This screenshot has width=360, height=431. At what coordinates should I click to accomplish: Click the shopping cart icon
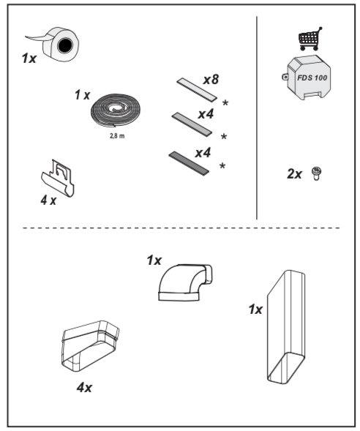click(x=310, y=39)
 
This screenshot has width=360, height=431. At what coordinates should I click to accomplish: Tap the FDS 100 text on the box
click(x=312, y=78)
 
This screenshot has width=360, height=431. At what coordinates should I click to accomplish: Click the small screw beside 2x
click(x=317, y=173)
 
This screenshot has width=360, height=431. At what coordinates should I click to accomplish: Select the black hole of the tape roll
click(x=65, y=45)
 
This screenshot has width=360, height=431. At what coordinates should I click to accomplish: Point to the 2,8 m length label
click(x=117, y=136)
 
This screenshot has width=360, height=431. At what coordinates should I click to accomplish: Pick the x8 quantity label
click(x=211, y=79)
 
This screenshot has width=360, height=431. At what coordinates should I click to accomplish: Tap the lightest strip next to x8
click(x=197, y=89)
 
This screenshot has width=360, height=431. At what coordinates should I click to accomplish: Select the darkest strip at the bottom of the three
click(x=189, y=163)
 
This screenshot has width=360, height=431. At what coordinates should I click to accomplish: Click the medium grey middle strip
click(x=192, y=124)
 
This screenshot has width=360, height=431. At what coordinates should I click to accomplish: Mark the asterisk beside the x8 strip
click(x=225, y=103)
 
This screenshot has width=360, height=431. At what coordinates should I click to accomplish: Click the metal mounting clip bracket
click(x=59, y=178)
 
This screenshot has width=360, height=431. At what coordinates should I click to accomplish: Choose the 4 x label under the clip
click(x=48, y=200)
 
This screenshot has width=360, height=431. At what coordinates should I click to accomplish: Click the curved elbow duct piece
click(x=184, y=282)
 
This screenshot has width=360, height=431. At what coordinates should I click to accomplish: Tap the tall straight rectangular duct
click(x=286, y=326)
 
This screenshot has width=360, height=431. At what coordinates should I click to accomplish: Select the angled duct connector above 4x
click(x=90, y=346)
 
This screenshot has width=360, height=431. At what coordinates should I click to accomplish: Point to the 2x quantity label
click(x=294, y=174)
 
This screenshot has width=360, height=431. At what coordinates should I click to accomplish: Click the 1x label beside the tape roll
click(x=29, y=59)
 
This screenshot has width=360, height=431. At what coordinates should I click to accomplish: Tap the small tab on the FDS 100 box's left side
click(x=285, y=76)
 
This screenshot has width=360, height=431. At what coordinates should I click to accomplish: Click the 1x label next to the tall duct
click(x=255, y=310)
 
